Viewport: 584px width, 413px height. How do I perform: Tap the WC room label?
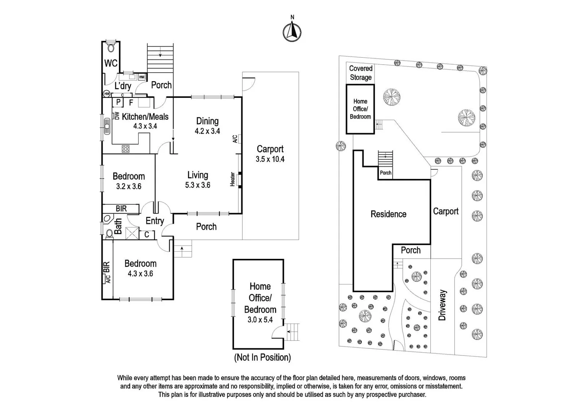point(111,63)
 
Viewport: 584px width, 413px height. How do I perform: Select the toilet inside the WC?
point(111,47)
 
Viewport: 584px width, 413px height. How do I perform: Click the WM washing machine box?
point(142,77)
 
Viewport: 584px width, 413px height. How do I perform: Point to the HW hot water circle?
point(106,94)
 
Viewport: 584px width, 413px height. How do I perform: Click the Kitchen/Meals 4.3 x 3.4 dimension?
point(145,126)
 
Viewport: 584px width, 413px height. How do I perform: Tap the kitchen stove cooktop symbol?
point(126,149)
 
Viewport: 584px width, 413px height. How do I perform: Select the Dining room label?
point(208,121)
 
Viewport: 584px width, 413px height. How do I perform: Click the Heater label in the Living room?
point(232,179)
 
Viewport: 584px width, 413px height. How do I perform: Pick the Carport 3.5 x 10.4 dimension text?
point(270,159)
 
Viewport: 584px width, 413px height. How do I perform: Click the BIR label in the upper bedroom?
point(121,208)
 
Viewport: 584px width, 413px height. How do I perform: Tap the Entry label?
point(154,221)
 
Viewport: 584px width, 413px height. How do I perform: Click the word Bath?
point(118,226)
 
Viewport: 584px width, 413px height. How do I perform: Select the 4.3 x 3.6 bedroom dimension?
point(140,273)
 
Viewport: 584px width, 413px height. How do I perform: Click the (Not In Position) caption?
point(262,358)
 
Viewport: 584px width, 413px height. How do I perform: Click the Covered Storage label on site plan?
point(360,73)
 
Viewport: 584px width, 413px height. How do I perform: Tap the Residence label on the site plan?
point(388,214)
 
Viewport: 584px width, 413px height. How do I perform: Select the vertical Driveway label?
point(442,305)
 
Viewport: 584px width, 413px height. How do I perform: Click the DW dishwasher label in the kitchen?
point(117,115)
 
